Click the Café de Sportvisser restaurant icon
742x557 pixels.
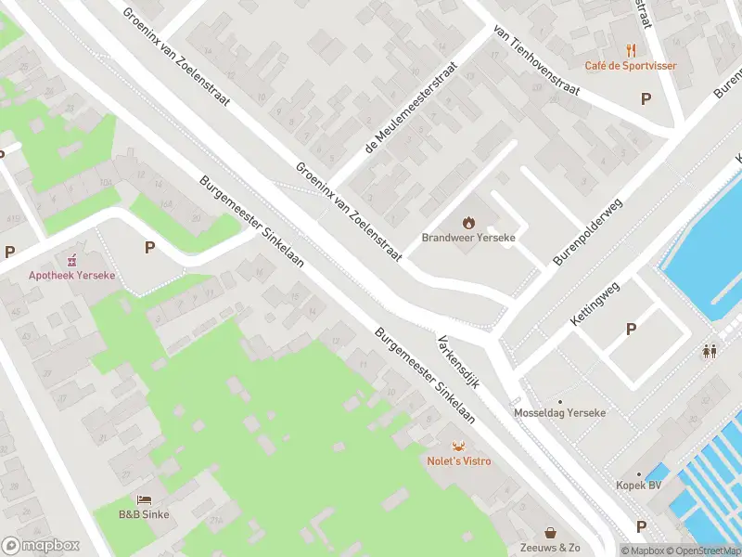point(631,50)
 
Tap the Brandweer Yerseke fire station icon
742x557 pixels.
point(468,222)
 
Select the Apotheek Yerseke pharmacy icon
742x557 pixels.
point(71,261)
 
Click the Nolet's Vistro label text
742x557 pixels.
point(458,460)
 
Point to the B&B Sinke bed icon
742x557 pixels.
point(144,499)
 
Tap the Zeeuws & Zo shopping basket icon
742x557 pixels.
point(551,533)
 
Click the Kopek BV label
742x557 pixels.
point(639,486)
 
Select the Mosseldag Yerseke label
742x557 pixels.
point(560,412)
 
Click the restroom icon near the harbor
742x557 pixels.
point(710,351)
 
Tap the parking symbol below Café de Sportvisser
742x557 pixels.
point(646,98)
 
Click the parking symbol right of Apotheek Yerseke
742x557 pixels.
point(149,247)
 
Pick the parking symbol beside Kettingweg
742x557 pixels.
point(632,329)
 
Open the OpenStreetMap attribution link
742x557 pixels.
point(700,551)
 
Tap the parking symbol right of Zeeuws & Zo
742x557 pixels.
point(640,526)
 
